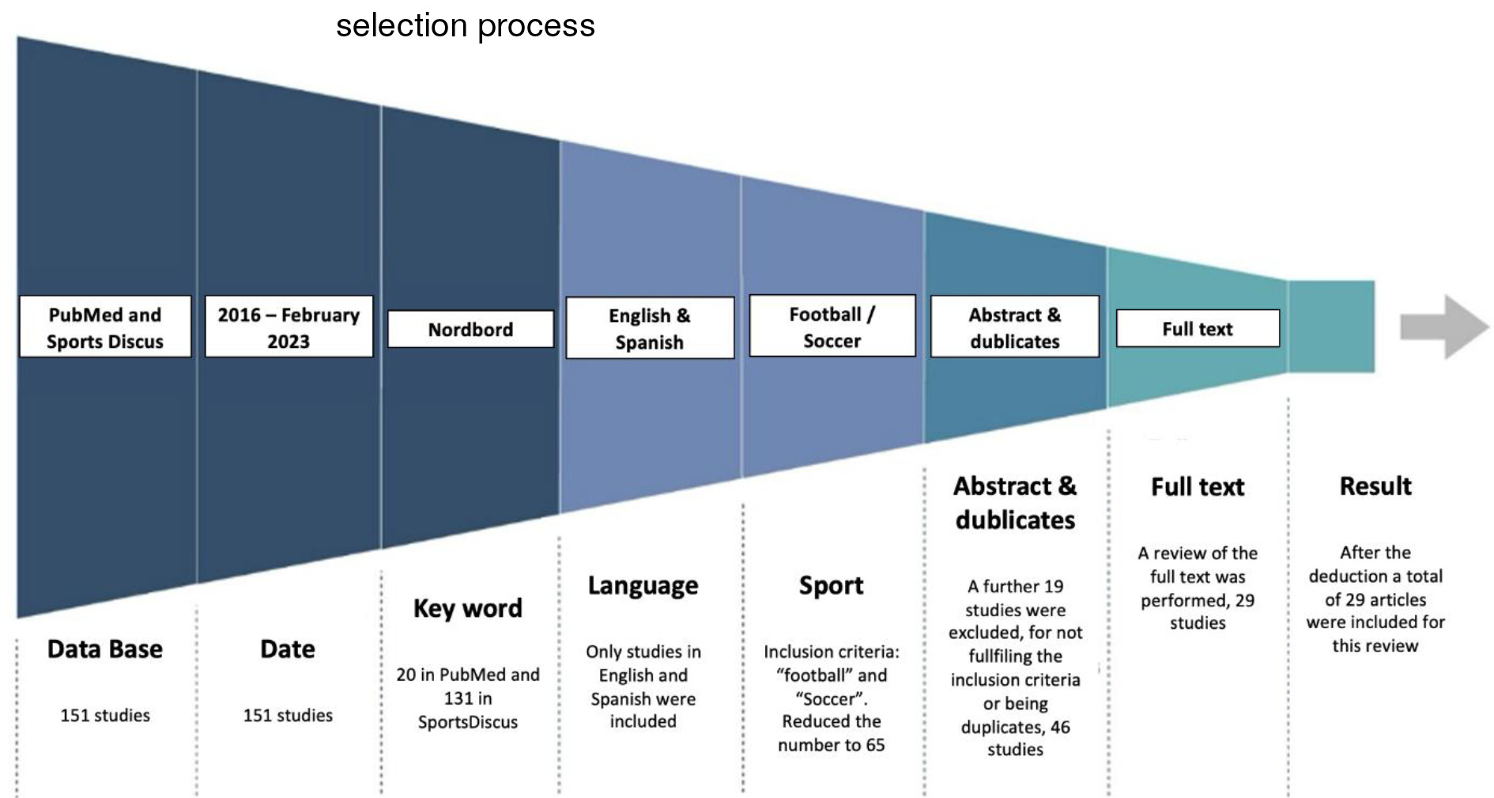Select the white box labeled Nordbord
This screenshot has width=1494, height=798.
coord(470,329)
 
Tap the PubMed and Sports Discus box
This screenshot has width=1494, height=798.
coord(105,327)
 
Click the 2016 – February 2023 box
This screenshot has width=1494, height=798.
coord(289,327)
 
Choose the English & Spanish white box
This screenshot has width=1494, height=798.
coord(650,328)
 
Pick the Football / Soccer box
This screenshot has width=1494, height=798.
coord(832,327)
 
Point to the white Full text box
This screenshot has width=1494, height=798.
coord(1198,328)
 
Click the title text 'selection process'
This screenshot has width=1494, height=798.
coord(465,25)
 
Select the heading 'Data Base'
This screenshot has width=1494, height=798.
coord(105,649)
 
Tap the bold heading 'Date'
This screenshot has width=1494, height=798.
coord(288,649)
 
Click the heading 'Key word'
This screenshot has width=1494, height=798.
coord(468,608)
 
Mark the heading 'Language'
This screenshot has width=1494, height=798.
coord(643,585)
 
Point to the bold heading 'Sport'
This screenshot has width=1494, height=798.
coord(831,585)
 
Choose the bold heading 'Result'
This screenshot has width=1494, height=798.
coord(1375,486)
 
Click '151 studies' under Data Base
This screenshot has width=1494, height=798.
coord(105,715)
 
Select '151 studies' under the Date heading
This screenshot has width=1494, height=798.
coord(288,715)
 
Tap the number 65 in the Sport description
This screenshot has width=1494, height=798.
coord(874,745)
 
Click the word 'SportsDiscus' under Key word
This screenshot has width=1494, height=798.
coord(468,722)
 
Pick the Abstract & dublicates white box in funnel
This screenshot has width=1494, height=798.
coord(1015,327)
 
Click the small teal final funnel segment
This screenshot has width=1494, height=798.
coord(1332,326)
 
